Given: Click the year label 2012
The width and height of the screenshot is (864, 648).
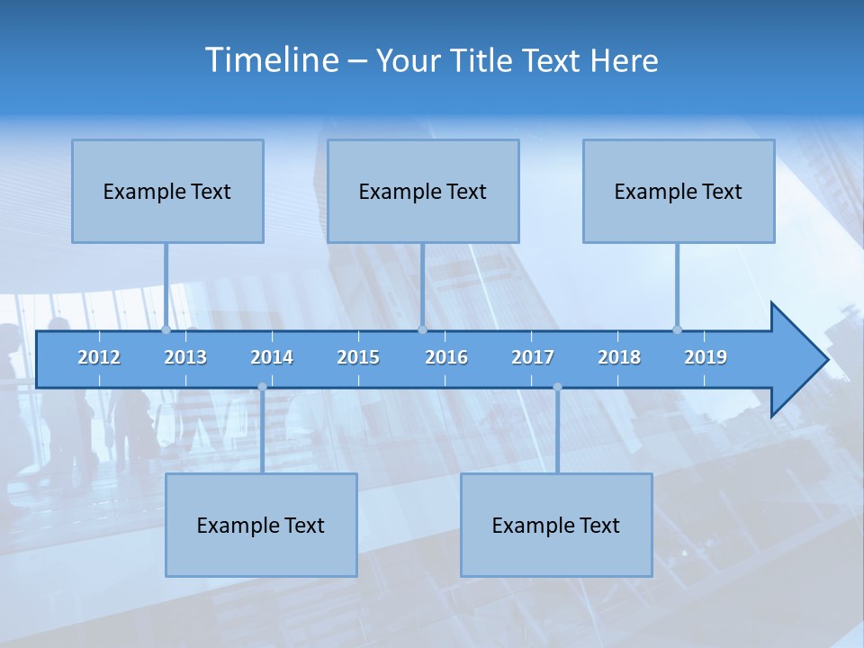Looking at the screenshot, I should click(x=99, y=357).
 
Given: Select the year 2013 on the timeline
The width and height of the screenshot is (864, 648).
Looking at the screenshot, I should click(x=185, y=357).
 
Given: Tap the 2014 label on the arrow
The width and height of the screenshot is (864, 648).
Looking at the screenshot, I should click(x=272, y=357).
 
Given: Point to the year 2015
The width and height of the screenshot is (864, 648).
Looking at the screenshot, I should click(x=358, y=357).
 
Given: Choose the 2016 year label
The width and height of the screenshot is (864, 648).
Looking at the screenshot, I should click(x=446, y=357).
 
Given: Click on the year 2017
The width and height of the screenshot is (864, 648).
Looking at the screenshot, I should click(x=533, y=357).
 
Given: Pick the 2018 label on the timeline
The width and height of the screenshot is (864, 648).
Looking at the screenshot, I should click(x=619, y=357).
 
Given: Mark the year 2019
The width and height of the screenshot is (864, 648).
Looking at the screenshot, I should click(x=706, y=357).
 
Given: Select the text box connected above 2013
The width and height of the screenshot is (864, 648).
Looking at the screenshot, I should click(x=167, y=191).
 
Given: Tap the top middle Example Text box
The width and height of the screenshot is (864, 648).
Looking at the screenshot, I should click(x=423, y=191).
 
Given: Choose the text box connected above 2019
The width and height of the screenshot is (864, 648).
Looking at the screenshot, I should click(x=679, y=191).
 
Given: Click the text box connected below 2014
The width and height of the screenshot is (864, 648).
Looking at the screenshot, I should click(x=261, y=525).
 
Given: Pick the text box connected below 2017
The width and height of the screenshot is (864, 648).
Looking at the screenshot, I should click(x=556, y=525).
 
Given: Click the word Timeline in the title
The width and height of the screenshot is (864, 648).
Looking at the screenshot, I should click(x=271, y=60).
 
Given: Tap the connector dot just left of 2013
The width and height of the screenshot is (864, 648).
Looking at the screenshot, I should click(x=166, y=329).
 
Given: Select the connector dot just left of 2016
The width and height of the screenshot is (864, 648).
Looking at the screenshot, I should click(x=422, y=329).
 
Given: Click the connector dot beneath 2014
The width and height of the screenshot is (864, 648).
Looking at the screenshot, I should click(x=262, y=387).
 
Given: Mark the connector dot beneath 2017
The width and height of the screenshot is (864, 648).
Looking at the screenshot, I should click(x=557, y=387).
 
